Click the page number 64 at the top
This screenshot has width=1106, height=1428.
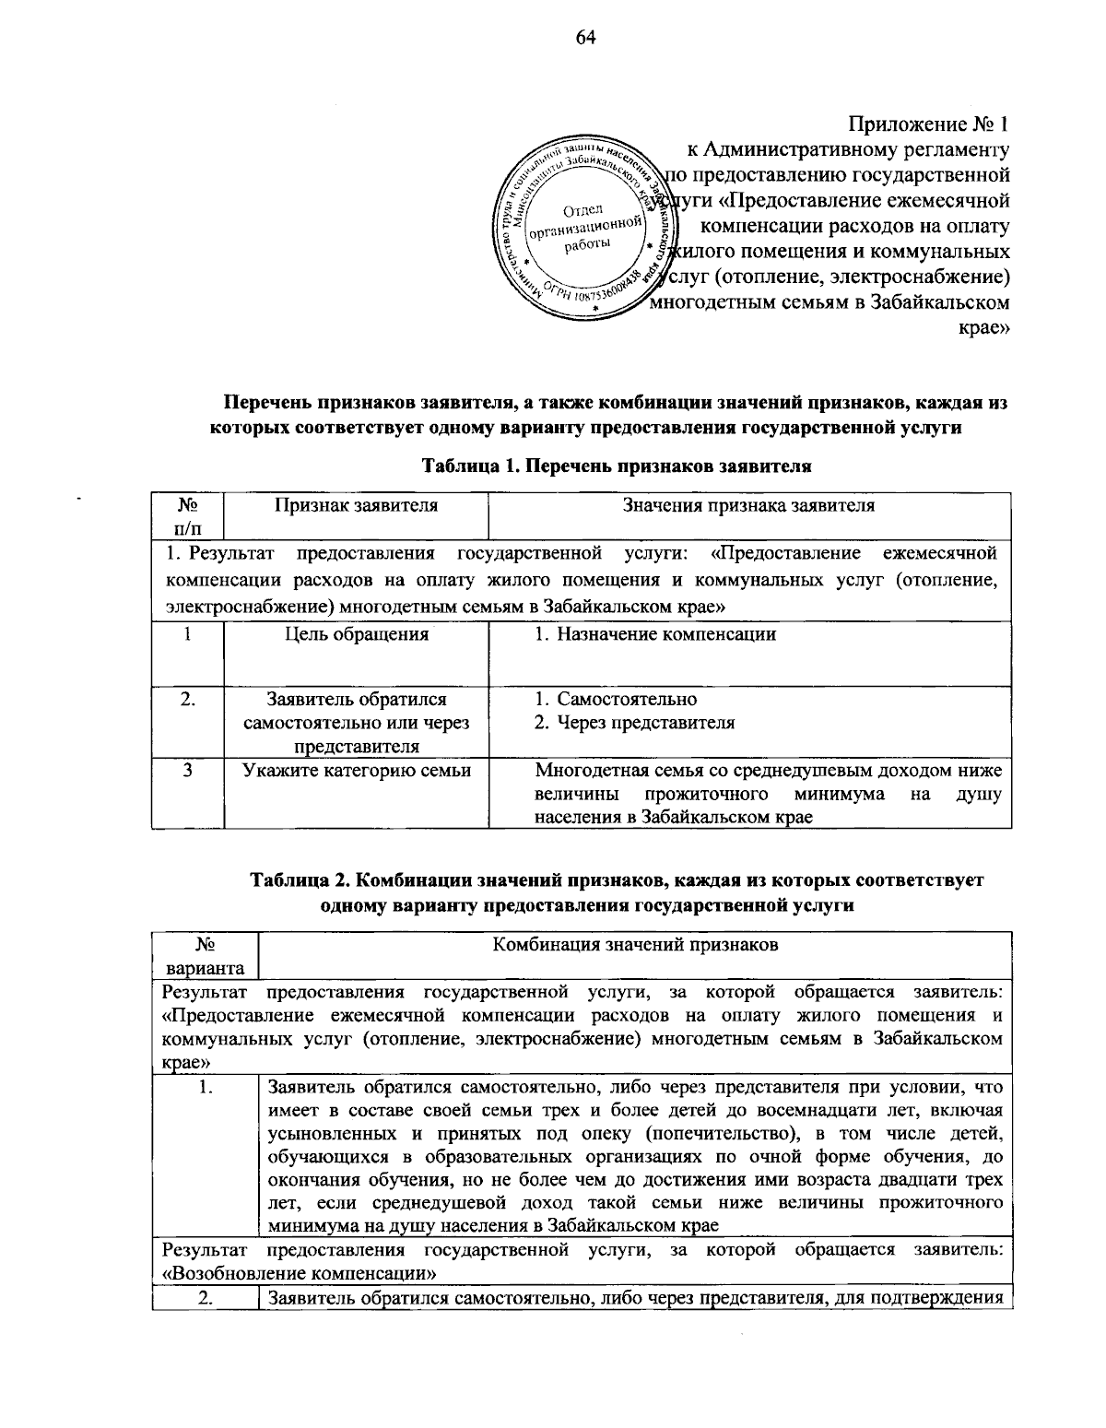point(560,37)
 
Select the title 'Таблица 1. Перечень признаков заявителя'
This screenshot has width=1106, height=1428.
point(616,466)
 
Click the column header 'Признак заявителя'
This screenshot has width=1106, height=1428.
point(356,505)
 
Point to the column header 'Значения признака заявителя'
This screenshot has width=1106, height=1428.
point(748,505)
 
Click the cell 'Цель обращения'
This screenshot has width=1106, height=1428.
point(356,634)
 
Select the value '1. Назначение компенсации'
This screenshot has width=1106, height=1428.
point(655,634)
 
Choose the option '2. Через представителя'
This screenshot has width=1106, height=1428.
point(635,722)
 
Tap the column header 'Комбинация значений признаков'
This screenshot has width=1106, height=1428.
point(636,944)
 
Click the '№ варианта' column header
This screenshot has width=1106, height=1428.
point(206,956)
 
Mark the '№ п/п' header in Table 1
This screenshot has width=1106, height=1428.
point(188,516)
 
